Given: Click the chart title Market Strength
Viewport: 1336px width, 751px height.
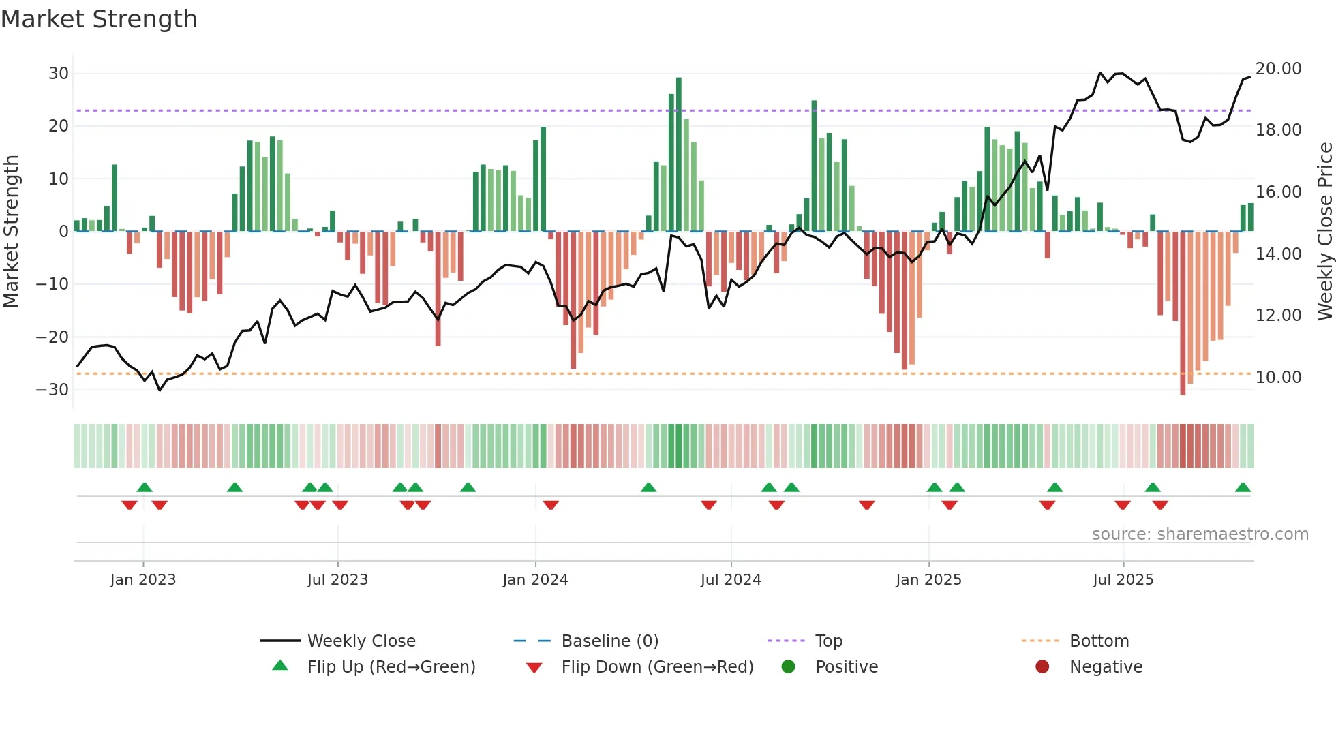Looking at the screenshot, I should tap(99, 19).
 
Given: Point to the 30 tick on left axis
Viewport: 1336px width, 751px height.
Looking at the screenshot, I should tap(59, 74).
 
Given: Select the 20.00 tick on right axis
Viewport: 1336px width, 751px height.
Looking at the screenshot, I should tap(1278, 69).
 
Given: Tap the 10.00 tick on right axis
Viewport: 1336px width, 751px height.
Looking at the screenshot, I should tap(1278, 378).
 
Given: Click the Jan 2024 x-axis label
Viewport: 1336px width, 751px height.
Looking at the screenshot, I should tap(535, 580).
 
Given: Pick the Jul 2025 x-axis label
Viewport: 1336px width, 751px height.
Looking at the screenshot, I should tap(1123, 580).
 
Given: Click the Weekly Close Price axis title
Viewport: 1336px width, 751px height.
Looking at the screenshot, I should tap(1324, 232).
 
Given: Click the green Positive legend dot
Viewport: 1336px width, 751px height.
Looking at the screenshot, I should tap(788, 667).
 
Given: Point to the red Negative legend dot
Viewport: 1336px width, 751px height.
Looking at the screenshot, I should tap(1042, 667).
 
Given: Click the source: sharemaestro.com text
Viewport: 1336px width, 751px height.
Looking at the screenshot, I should tap(1200, 534).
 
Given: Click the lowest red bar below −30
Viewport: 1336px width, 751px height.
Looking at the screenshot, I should tap(1183, 313).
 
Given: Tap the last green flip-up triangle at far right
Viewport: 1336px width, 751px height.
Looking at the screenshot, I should tap(1243, 488).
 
